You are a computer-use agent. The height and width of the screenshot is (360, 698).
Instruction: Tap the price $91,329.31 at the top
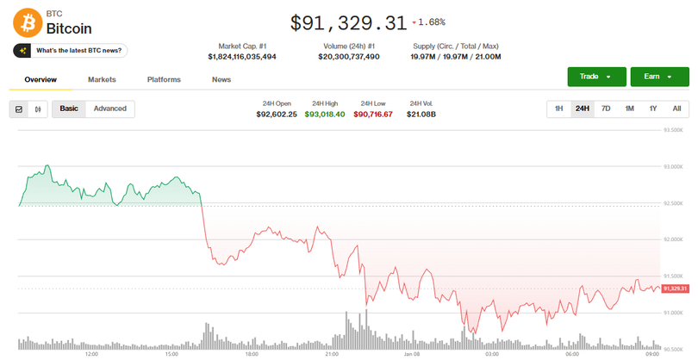tap(347, 22)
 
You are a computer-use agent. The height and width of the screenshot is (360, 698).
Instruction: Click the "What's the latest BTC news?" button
tap(70, 51)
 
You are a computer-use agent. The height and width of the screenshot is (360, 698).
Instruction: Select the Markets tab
tap(102, 79)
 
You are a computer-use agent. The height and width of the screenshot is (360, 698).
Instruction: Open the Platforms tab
tap(164, 79)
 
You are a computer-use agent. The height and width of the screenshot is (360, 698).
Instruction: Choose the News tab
tap(221, 79)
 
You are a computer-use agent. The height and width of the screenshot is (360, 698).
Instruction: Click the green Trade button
tap(596, 77)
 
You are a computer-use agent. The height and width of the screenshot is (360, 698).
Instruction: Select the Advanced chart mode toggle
tap(110, 109)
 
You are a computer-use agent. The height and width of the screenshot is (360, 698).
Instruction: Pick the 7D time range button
tap(606, 109)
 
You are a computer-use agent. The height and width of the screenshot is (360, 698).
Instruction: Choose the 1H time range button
tap(558, 109)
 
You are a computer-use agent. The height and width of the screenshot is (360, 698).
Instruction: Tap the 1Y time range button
tap(653, 109)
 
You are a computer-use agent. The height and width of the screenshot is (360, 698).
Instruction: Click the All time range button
tap(676, 109)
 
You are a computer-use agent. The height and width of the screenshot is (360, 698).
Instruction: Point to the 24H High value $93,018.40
tap(325, 114)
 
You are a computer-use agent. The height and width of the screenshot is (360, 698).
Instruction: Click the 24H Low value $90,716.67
tap(373, 114)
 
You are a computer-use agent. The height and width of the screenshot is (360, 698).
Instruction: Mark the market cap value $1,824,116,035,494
tap(242, 56)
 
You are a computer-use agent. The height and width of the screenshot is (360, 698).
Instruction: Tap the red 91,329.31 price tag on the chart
tap(676, 289)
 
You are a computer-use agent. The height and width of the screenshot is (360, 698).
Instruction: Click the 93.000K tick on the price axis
tap(672, 166)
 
